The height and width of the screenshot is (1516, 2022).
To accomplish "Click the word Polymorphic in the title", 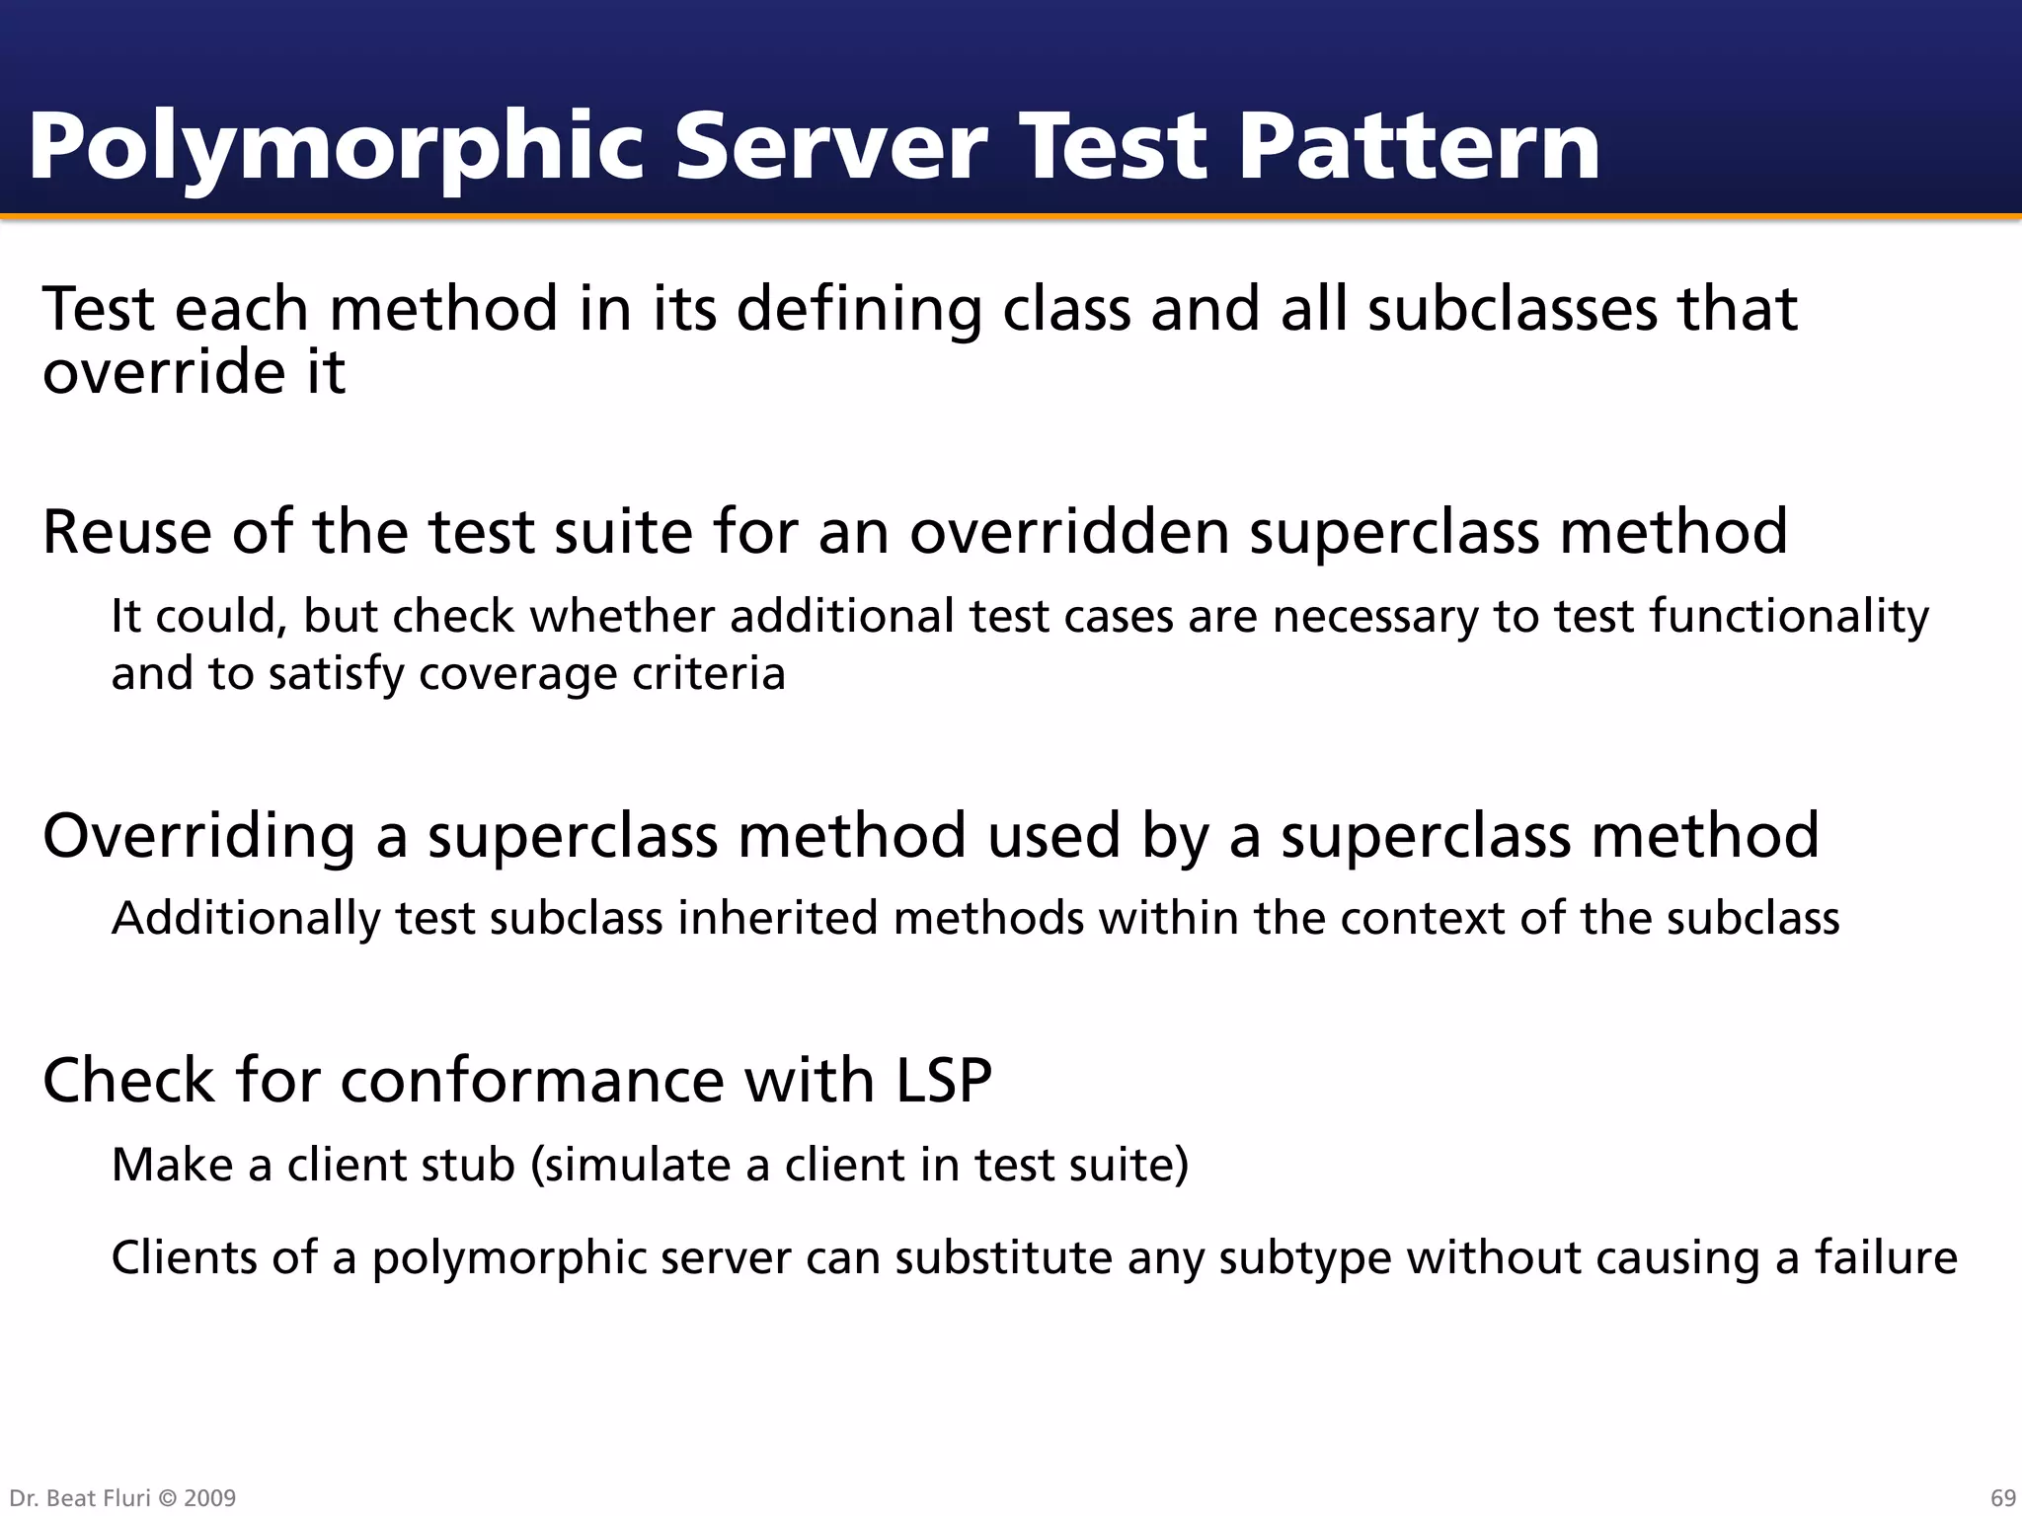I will coord(336,148).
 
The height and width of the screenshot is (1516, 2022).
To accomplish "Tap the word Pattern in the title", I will coord(1419,148).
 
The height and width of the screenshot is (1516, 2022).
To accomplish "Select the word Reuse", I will coord(127,532).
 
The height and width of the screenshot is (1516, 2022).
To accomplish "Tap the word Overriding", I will coord(198,836).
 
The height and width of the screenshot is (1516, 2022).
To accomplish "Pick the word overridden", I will coord(1069,532).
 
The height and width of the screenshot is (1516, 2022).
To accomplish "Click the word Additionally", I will coord(246,919).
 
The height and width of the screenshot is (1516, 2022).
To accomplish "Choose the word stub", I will coord(469,1165).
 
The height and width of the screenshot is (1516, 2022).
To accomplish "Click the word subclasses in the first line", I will coord(1512,309).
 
